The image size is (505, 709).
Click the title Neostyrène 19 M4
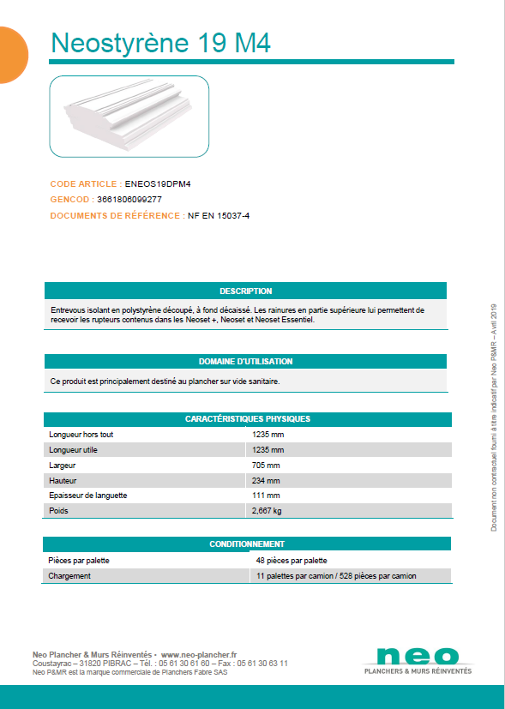(160, 43)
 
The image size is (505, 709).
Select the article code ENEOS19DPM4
(157, 183)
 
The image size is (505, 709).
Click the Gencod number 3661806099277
(129, 200)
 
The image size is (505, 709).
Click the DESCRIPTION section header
(245, 291)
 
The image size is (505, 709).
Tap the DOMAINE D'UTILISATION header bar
(245, 362)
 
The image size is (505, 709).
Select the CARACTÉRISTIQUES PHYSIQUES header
(247, 419)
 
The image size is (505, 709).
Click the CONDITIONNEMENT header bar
(247, 544)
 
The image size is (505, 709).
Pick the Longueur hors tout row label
(81, 435)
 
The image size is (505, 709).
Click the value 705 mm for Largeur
(266, 466)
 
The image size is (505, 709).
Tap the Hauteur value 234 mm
(266, 481)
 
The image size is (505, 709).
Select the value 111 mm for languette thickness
(266, 496)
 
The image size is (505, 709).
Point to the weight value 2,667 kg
(267, 511)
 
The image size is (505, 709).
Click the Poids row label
(60, 511)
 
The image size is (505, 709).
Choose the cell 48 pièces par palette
(292, 561)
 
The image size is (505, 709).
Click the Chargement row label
(70, 576)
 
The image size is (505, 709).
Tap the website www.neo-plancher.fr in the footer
(199, 654)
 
